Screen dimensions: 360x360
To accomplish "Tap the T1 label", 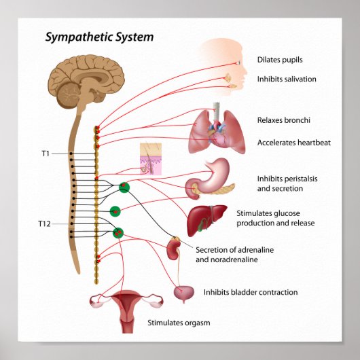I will (46, 154).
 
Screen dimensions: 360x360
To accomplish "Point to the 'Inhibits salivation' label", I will (287, 79).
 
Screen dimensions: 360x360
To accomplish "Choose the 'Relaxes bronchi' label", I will (284, 120).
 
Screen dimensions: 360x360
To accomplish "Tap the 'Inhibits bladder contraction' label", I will (251, 293).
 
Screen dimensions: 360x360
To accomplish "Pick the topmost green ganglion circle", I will (124, 187).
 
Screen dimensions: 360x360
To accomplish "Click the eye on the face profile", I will (238, 63).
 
